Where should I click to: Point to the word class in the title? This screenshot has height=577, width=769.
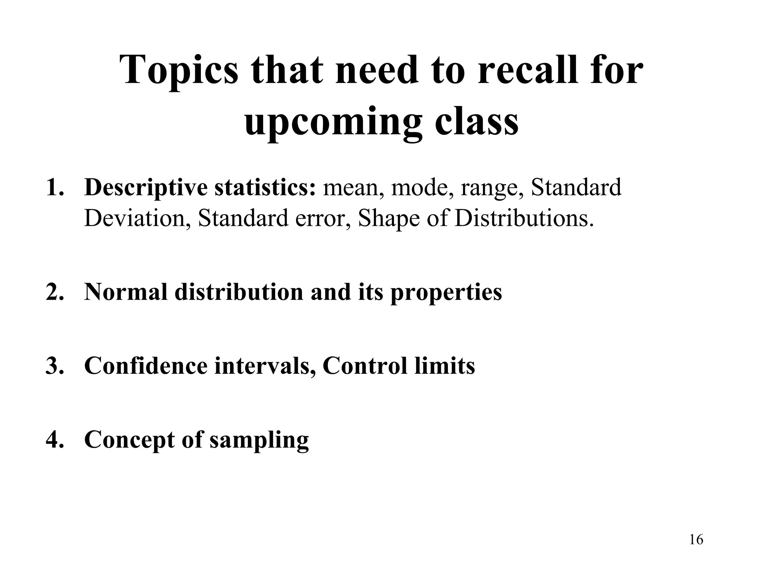click(x=477, y=121)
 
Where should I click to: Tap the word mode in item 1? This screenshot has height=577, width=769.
click(x=422, y=187)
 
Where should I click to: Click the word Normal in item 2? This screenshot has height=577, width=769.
click(x=126, y=292)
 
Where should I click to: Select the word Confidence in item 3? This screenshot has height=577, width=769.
click(x=146, y=365)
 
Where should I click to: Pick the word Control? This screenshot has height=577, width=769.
click(x=365, y=365)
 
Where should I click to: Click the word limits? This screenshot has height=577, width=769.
click(x=445, y=365)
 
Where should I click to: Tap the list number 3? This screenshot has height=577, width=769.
click(x=53, y=366)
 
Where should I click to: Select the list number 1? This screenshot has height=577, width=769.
click(x=53, y=188)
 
